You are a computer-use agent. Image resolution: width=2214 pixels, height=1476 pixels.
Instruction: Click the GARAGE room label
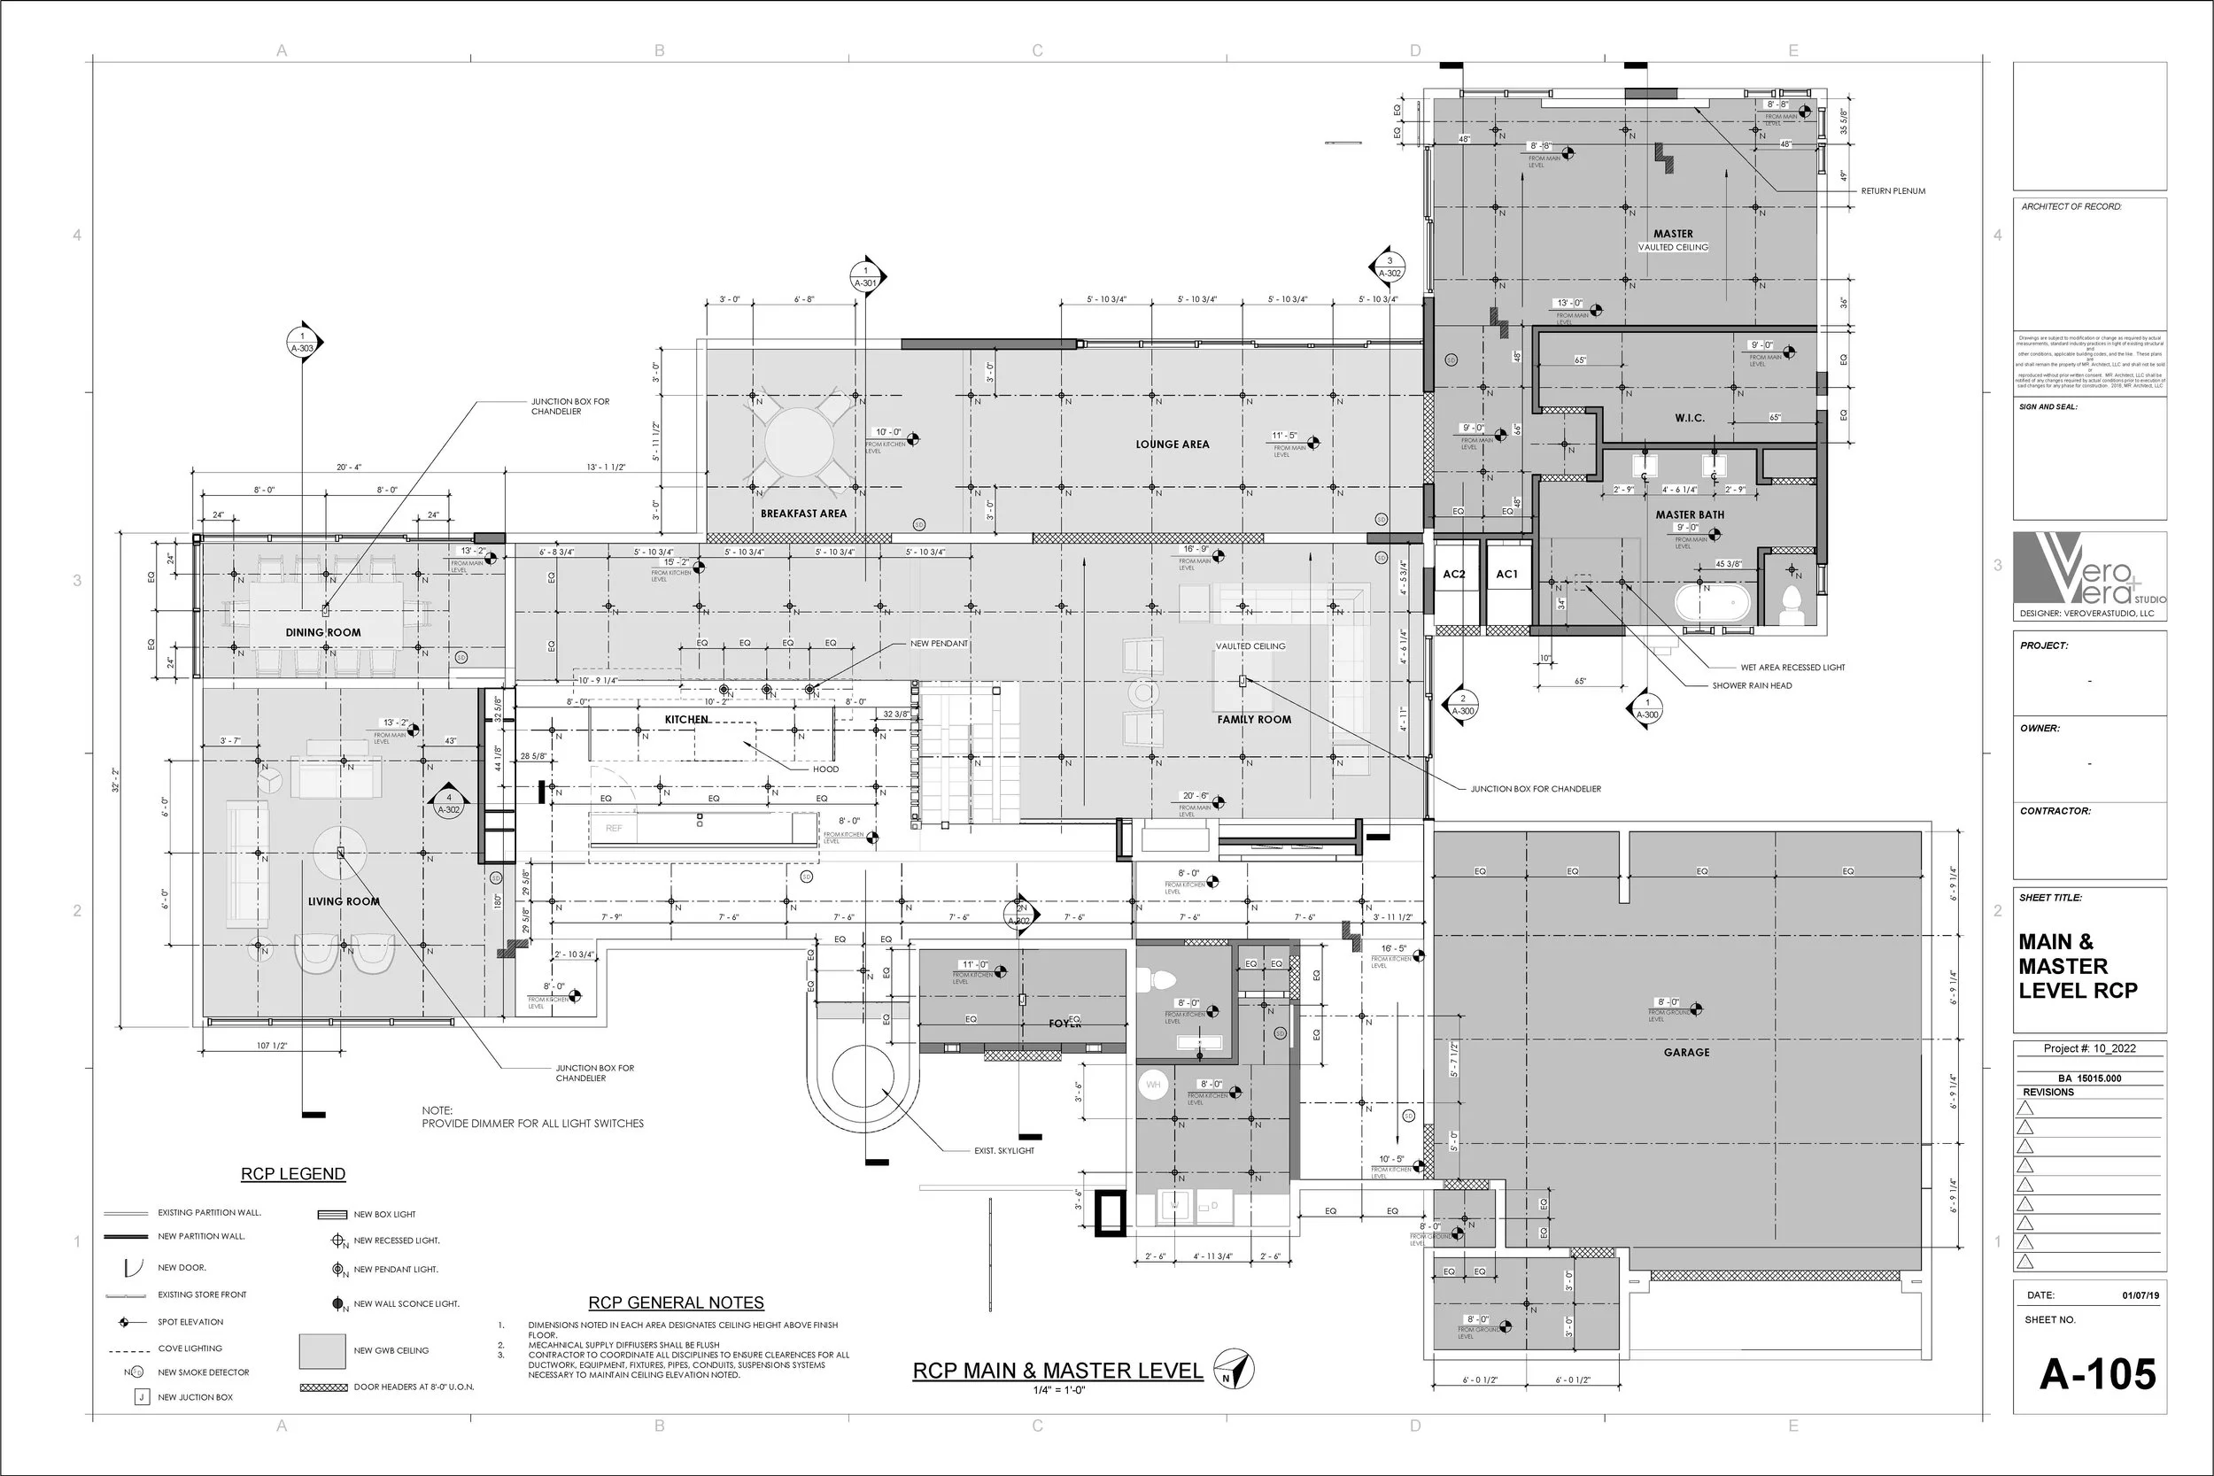tap(1686, 1053)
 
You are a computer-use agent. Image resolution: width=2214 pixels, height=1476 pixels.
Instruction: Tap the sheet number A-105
tap(2097, 1374)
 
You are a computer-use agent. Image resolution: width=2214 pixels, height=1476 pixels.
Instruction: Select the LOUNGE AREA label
tap(1172, 444)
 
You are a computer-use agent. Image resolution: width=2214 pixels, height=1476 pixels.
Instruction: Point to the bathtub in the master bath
tap(1712, 603)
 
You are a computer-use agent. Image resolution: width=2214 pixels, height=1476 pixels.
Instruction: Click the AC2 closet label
tap(1453, 575)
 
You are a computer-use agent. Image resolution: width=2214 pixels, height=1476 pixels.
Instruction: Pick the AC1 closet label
tap(1506, 575)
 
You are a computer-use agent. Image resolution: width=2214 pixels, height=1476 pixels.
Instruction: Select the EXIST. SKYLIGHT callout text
tap(1003, 1150)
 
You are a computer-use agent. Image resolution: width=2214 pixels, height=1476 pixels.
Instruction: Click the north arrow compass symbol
tap(1233, 1369)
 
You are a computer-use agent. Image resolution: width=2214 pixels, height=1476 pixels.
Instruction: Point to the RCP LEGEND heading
tap(293, 1174)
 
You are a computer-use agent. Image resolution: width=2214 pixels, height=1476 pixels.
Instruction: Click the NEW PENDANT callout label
tap(939, 644)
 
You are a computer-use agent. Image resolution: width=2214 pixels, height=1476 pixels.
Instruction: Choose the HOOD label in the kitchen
tap(825, 769)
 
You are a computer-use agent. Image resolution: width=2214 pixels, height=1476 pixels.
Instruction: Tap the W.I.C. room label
tap(1689, 418)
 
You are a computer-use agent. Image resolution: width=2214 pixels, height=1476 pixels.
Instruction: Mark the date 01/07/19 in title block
tap(2140, 1295)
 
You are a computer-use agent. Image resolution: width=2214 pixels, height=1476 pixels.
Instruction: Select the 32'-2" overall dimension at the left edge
tap(116, 778)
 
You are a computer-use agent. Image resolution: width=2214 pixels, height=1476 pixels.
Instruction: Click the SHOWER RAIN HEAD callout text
tap(1751, 685)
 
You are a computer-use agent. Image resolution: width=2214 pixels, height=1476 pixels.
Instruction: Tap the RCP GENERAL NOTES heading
tap(675, 1302)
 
